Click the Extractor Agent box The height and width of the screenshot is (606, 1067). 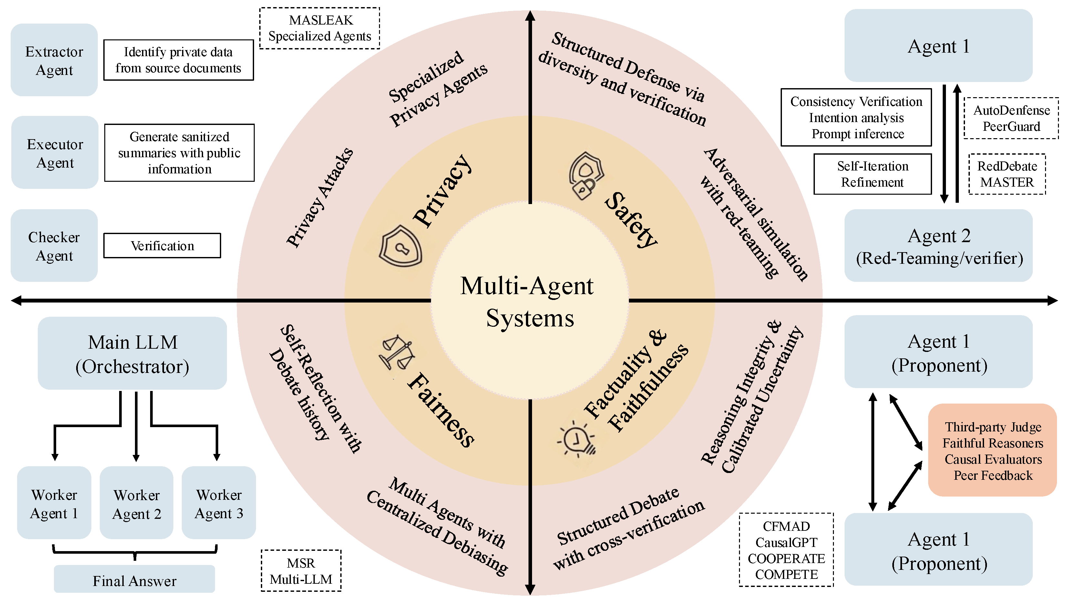[x=54, y=60]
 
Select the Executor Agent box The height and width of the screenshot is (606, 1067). [x=55, y=152]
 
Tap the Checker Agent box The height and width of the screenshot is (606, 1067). [x=54, y=246]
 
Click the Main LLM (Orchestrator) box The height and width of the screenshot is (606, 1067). [x=132, y=353]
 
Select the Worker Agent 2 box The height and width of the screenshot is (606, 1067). [x=137, y=503]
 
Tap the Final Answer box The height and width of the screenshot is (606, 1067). [x=134, y=579]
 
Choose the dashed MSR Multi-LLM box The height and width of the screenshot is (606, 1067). [x=301, y=570]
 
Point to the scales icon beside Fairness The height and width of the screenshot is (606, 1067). [x=396, y=353]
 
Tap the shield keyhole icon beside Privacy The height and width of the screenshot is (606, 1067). [x=400, y=246]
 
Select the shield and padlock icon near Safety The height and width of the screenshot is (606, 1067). [x=586, y=176]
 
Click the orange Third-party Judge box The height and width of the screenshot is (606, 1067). [x=992, y=450]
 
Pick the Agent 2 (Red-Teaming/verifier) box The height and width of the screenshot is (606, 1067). [x=939, y=246]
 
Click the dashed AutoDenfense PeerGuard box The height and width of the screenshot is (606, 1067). [x=1011, y=118]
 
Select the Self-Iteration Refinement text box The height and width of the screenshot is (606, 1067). [x=873, y=174]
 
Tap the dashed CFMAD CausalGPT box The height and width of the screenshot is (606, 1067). [x=786, y=550]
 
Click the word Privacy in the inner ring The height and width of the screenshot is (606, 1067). [x=443, y=191]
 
